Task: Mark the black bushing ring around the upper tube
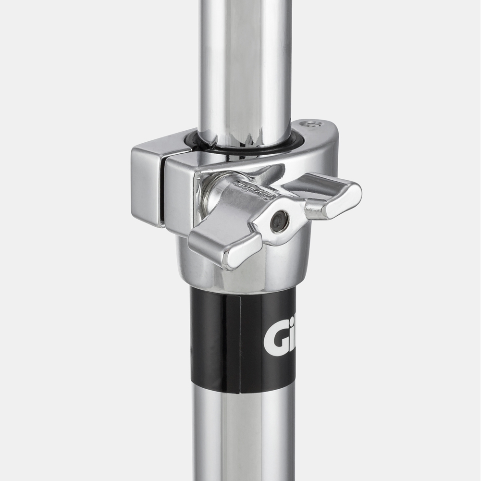245,149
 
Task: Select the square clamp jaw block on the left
147,185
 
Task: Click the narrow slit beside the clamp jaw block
163,192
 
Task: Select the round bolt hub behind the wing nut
216,195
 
